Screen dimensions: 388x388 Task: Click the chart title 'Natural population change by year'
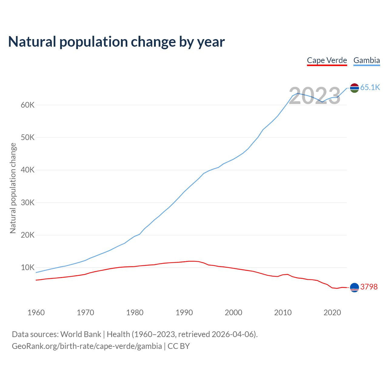pos(116,42)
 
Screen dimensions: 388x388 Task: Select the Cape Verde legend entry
pos(327,60)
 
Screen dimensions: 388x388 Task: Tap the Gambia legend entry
pos(366,60)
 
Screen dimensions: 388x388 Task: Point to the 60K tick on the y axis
pos(28,105)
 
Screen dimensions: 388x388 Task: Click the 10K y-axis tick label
pos(28,268)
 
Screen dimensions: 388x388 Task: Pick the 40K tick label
pos(28,170)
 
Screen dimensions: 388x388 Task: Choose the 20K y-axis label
pos(28,235)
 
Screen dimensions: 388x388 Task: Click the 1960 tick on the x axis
pos(36,313)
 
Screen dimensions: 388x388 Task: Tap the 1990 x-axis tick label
pos(184,313)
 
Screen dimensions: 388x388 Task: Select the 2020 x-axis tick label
pos(332,313)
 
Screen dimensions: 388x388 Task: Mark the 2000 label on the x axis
pos(233,313)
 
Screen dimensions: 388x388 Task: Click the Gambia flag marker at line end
pos(354,88)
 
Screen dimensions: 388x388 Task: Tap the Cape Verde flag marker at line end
pos(354,287)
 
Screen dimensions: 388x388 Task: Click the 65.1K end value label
pos(370,88)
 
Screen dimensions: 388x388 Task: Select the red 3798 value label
pos(369,287)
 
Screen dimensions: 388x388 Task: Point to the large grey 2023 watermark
pos(315,96)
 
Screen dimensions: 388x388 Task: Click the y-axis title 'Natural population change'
pos(13,188)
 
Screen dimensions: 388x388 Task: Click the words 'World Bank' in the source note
pos(81,334)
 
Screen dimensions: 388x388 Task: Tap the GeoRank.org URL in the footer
pos(87,346)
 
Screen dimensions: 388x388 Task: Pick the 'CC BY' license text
pos(179,346)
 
